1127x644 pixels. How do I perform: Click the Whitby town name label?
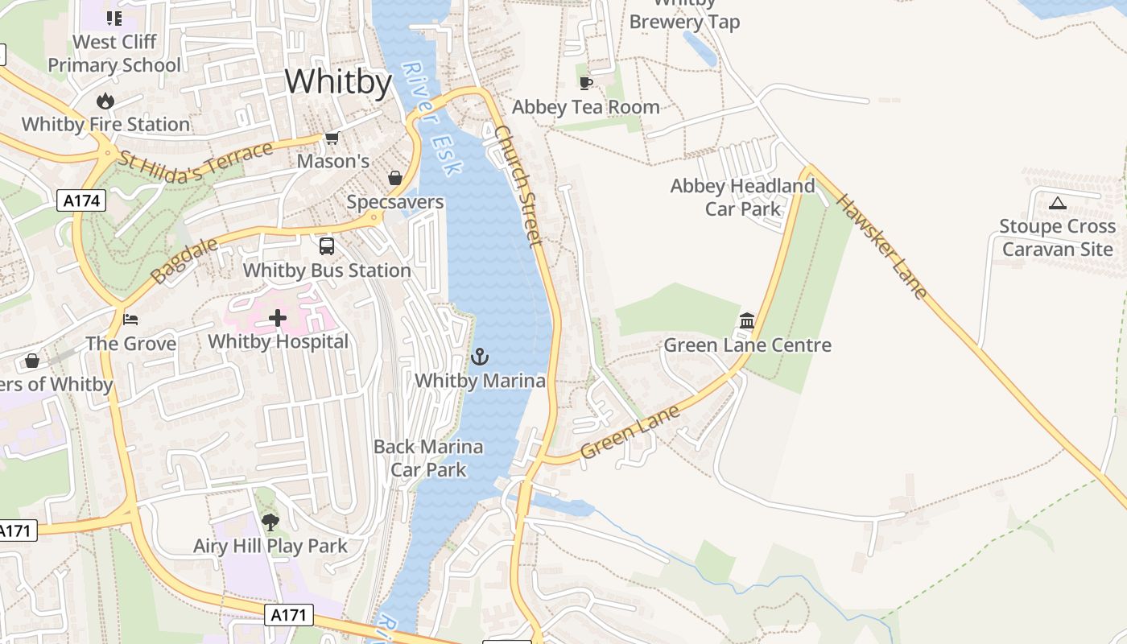(x=338, y=82)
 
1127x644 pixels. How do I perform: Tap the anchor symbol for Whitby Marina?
(x=480, y=357)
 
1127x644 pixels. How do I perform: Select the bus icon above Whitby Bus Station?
(x=327, y=246)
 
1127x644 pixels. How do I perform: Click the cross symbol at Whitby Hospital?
(x=278, y=318)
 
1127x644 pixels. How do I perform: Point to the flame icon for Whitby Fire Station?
(x=105, y=101)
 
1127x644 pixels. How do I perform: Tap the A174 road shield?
(x=82, y=200)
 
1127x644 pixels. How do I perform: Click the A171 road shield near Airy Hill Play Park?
(x=288, y=616)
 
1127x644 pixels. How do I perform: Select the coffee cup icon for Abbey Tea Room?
(x=585, y=83)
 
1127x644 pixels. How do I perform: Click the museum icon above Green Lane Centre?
(x=747, y=321)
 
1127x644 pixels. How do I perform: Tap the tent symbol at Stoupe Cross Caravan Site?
(x=1057, y=203)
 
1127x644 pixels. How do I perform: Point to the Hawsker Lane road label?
(x=881, y=246)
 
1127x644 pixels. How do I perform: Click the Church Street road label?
(x=519, y=184)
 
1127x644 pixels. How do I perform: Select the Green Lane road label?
(x=630, y=432)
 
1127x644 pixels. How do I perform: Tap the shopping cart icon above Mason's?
(x=332, y=138)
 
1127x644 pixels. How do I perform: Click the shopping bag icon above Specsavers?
(x=395, y=178)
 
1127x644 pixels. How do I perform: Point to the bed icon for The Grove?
(x=130, y=320)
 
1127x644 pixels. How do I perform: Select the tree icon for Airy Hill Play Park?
(x=270, y=522)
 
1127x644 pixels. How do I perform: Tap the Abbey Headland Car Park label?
(x=742, y=197)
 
